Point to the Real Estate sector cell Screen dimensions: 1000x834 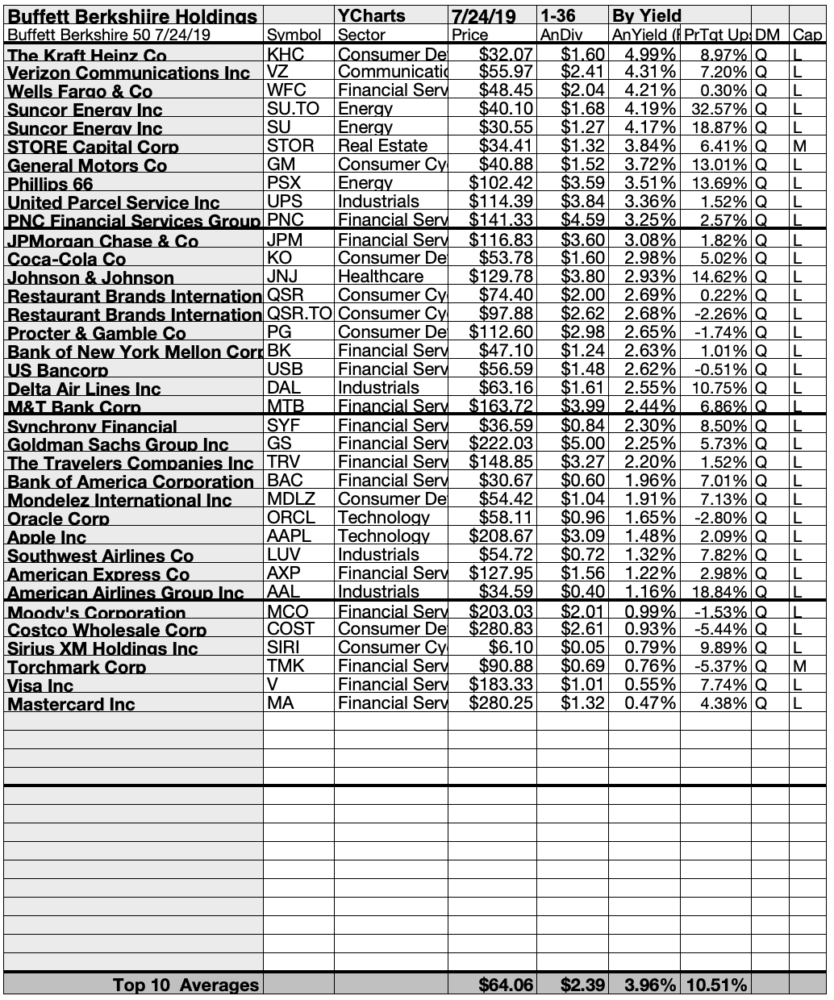[x=383, y=146]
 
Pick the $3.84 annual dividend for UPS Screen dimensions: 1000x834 [x=582, y=202]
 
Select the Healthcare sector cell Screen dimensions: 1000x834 [x=380, y=277]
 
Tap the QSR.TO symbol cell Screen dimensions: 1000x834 [x=298, y=314]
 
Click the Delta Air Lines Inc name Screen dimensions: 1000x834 [x=84, y=389]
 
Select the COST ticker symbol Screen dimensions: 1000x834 [x=290, y=629]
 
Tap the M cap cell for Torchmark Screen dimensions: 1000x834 [x=797, y=666]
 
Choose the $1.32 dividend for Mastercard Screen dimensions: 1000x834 [x=582, y=703]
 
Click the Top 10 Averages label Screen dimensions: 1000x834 [x=186, y=985]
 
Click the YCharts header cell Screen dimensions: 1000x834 [x=372, y=15]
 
